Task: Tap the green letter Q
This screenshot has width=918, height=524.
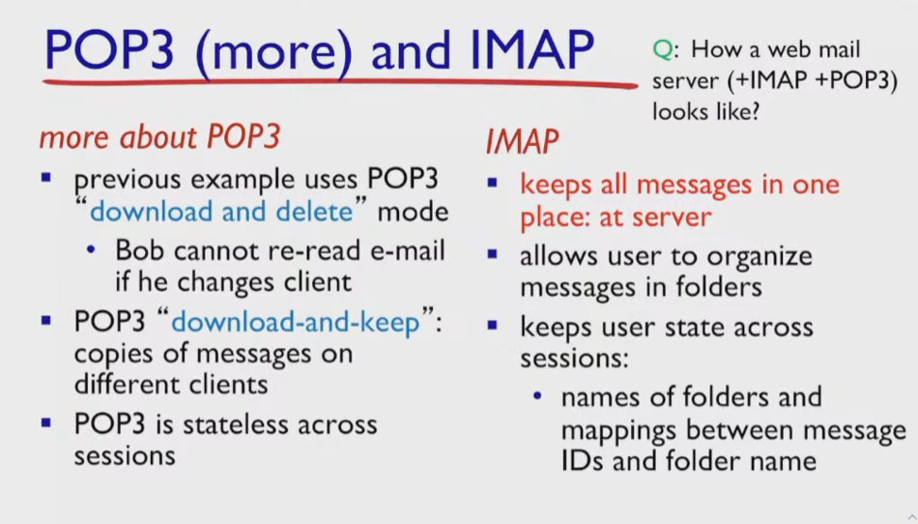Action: [x=663, y=49]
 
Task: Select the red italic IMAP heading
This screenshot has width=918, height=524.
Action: [x=522, y=141]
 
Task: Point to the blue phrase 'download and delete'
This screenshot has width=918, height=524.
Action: [x=222, y=212]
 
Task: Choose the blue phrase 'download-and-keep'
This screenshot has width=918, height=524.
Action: [x=296, y=322]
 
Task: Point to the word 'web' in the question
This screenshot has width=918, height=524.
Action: [x=792, y=49]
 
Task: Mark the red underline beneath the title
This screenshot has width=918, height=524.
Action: [x=340, y=82]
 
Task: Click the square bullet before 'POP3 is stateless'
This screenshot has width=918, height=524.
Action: [x=46, y=422]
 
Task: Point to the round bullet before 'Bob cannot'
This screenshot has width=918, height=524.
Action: [x=91, y=250]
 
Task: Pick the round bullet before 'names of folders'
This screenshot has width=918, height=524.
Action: [x=537, y=397]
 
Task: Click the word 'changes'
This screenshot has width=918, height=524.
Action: [x=226, y=282]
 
